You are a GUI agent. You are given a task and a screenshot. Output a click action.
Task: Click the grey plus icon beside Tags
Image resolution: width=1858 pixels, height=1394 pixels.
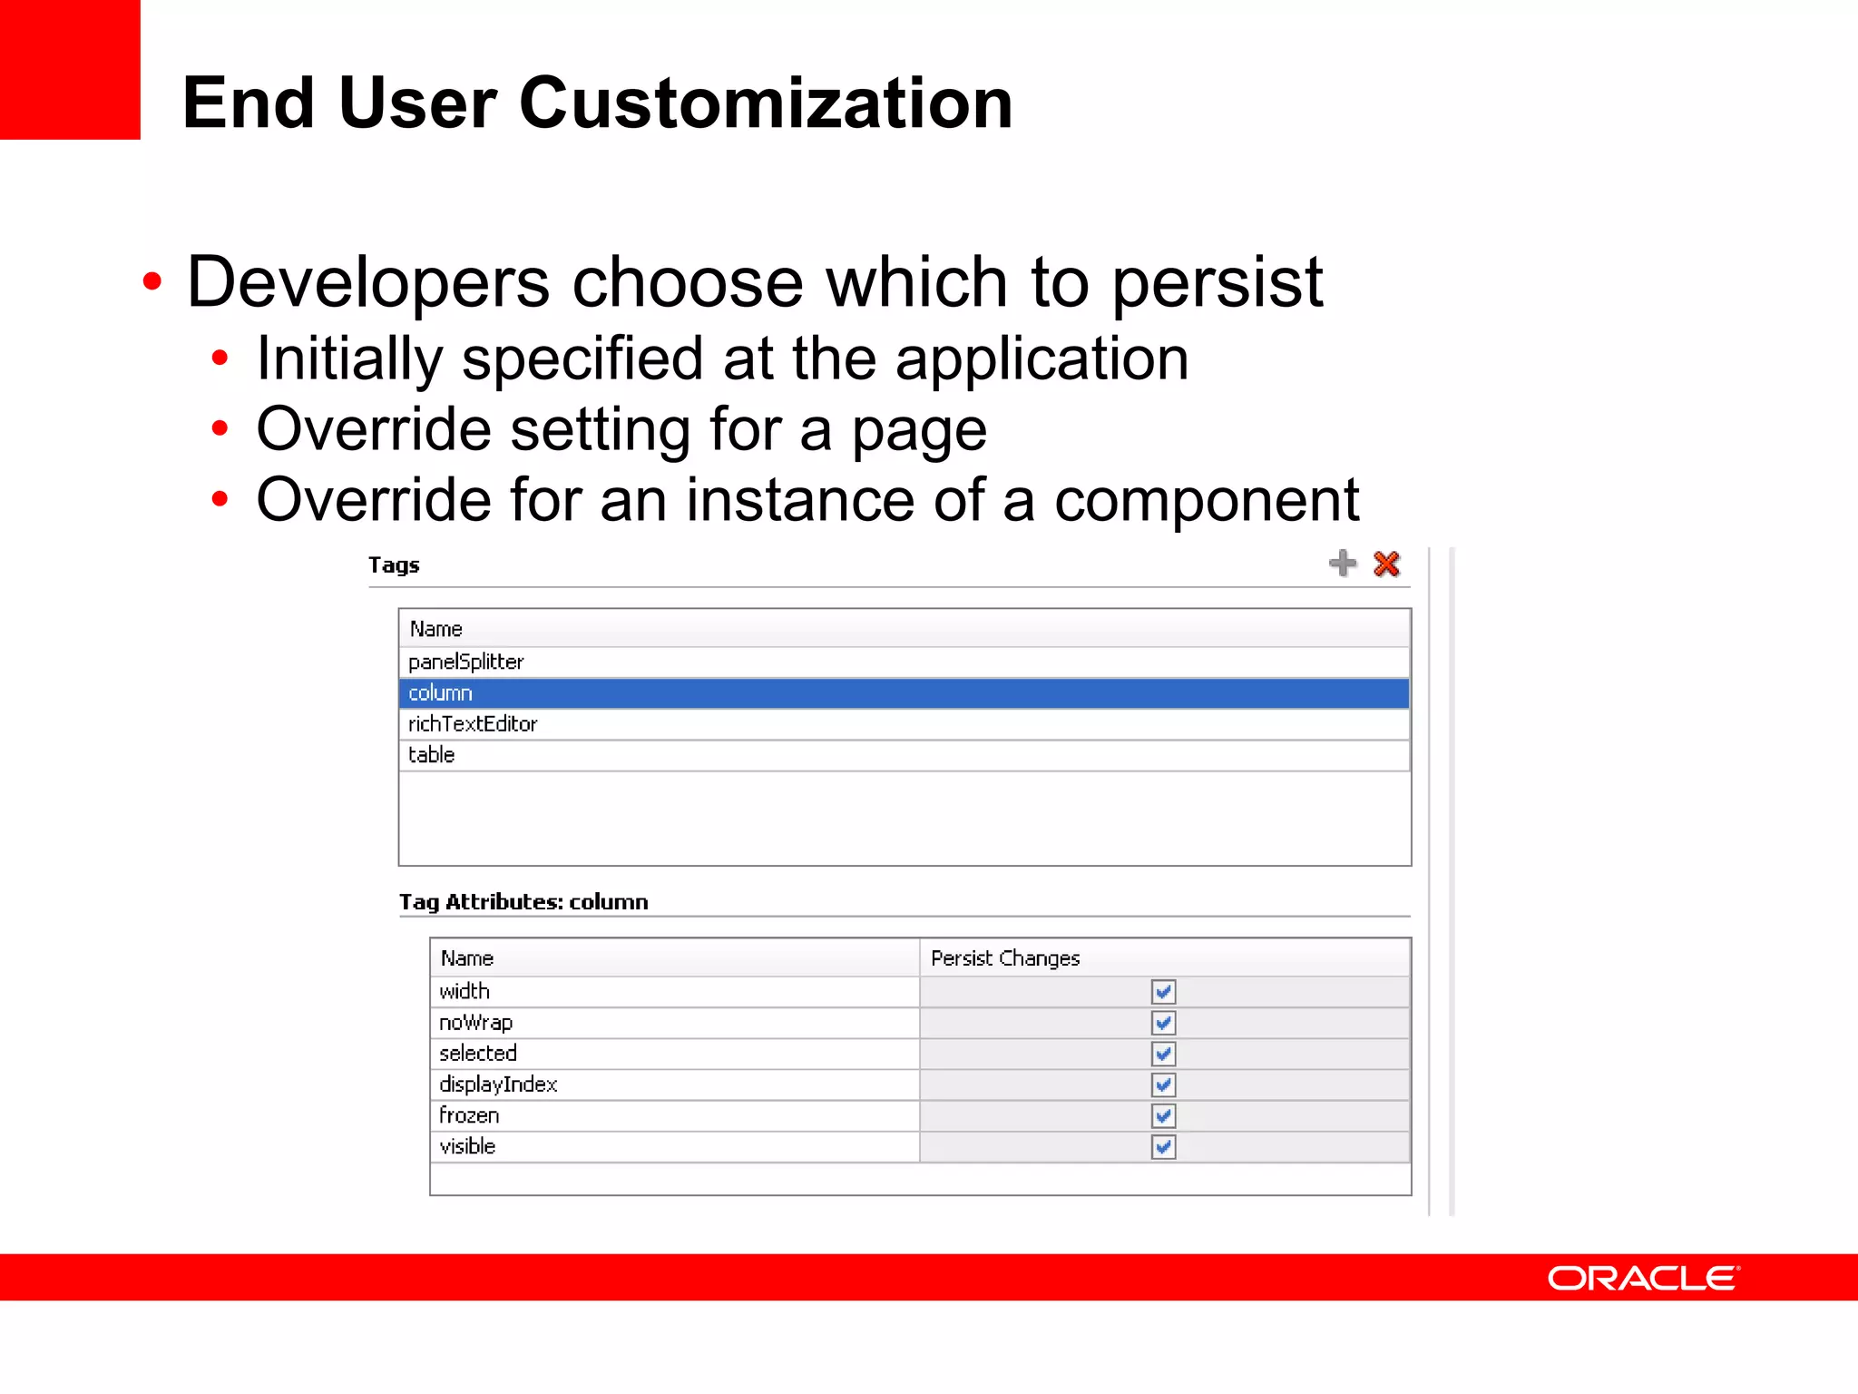tap(1342, 564)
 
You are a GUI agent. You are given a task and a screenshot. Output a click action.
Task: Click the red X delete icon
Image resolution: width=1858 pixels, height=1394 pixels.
tap(1386, 564)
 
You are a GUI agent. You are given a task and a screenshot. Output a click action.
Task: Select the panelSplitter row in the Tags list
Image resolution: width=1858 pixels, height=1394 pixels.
tap(466, 662)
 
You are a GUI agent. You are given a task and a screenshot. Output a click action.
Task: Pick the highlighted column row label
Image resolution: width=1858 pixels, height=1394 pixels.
tap(441, 693)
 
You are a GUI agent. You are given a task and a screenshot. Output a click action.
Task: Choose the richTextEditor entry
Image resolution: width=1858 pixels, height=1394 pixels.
tap(473, 724)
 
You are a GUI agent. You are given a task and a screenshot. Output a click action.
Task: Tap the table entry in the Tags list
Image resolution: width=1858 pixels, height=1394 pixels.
tap(432, 755)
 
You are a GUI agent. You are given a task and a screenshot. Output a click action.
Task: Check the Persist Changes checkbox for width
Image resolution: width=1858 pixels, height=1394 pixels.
tap(1163, 992)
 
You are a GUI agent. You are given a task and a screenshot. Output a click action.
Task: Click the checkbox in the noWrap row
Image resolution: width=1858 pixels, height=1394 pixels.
tap(1163, 1023)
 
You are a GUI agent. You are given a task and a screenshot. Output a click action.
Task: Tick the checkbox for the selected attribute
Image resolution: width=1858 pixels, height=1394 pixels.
tap(1163, 1054)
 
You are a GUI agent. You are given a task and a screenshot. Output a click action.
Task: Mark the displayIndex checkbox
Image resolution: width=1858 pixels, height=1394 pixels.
tap(1163, 1085)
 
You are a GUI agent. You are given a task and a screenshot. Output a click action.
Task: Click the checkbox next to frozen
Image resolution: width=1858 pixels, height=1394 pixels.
tap(1163, 1115)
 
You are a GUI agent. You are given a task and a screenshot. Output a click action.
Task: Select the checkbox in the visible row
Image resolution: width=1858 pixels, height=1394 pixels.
tap(1163, 1147)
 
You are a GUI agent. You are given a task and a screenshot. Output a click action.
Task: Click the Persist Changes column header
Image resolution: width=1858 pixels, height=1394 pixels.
tap(1005, 958)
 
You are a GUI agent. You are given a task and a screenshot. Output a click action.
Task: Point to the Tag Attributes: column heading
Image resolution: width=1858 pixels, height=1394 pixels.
tap(523, 902)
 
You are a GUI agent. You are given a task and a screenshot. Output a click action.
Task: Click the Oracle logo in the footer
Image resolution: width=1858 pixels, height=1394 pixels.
tap(1643, 1278)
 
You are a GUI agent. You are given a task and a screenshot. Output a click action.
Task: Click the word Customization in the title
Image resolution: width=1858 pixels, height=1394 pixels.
tap(766, 103)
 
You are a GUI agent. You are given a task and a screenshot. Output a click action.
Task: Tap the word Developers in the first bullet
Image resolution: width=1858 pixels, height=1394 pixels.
tap(367, 282)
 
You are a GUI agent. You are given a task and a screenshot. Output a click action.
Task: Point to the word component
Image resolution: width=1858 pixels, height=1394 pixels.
tap(1207, 500)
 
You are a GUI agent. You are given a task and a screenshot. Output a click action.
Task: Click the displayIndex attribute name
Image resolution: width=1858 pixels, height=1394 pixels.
tap(498, 1085)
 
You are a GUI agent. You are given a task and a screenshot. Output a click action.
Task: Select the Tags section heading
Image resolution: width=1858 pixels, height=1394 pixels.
tap(394, 565)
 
